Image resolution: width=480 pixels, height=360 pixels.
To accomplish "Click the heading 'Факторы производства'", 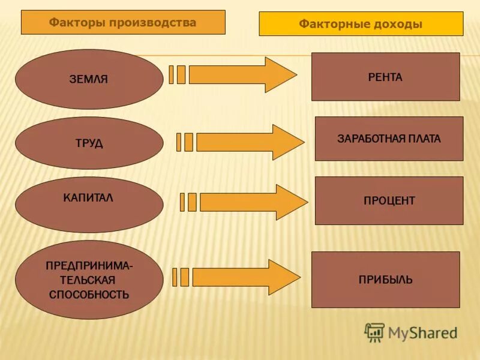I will pos(123,23).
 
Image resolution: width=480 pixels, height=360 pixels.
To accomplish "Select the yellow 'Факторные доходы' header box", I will pos(361,24).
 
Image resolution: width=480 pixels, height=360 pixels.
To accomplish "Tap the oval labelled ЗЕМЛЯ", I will pos(89,79).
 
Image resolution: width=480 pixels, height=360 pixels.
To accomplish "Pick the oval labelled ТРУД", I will pos(89,143).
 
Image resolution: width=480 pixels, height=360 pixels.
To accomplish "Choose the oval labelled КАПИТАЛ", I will pos(89,205).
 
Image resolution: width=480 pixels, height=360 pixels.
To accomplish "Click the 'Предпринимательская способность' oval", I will pos(89,280).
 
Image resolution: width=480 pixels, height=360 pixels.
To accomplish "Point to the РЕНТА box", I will pos(385,77).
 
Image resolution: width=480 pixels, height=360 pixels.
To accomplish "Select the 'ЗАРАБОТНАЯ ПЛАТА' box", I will pos(389,139).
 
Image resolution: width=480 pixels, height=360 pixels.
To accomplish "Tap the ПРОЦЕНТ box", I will pos(389,200).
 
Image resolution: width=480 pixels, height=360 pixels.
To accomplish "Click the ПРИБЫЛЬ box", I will pos(385,280).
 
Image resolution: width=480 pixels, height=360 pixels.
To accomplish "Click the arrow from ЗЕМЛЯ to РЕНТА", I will pos(240,74).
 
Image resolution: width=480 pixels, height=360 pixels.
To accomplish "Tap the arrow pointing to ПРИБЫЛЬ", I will pos(244,277).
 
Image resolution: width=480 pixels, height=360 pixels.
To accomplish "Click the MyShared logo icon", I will pos(374,332).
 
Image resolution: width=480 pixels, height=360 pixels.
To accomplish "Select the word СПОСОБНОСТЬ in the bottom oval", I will pos(89,295).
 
